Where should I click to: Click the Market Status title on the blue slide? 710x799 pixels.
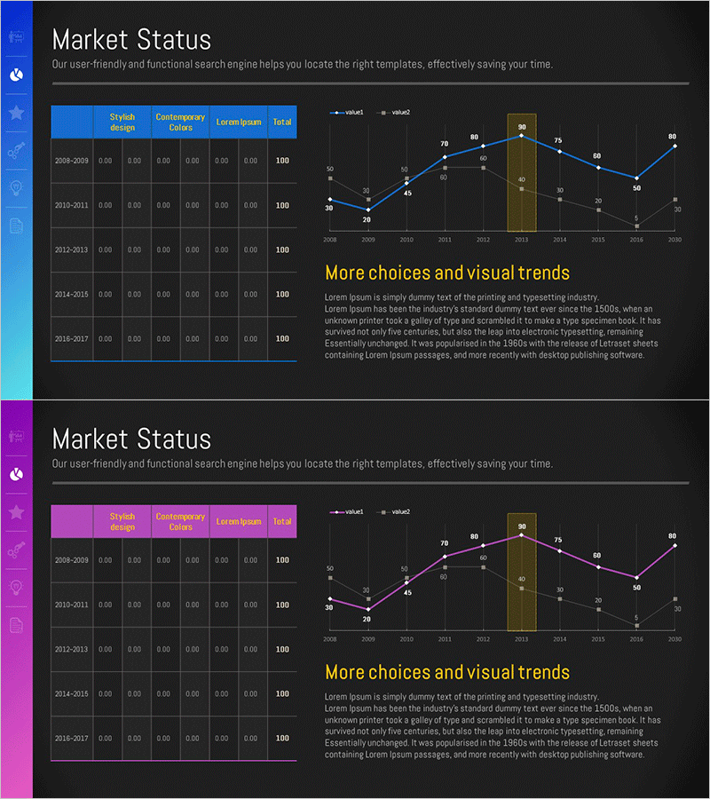(x=131, y=40)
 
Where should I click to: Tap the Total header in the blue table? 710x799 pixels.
(x=282, y=122)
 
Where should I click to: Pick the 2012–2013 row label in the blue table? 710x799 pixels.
(x=71, y=249)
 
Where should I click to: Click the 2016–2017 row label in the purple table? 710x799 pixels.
(x=71, y=738)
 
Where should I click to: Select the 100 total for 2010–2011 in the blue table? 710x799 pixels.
(x=282, y=205)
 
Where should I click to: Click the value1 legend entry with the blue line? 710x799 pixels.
(x=348, y=113)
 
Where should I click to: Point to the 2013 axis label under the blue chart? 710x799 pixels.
(x=521, y=240)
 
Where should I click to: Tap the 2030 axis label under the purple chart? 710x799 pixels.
(x=674, y=639)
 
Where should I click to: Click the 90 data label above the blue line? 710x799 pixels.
(x=522, y=127)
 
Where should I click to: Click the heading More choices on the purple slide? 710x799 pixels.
(x=447, y=672)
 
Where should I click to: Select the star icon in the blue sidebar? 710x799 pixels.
(x=16, y=113)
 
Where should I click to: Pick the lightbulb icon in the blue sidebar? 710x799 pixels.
(x=16, y=187)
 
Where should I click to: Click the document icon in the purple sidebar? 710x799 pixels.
(x=16, y=625)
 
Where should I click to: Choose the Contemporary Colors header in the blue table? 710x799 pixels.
(x=180, y=122)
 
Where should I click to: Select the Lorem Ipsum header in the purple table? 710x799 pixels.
(x=239, y=521)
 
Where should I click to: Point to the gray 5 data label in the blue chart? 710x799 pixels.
(x=636, y=218)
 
